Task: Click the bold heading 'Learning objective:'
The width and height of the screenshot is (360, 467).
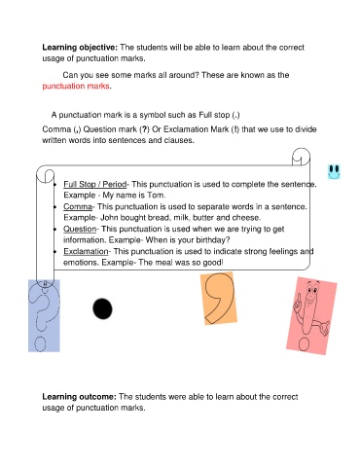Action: coord(77,47)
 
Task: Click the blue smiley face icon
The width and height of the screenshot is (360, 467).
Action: coord(335,171)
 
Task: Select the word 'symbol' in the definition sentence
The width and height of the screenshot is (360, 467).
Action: coord(159,115)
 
